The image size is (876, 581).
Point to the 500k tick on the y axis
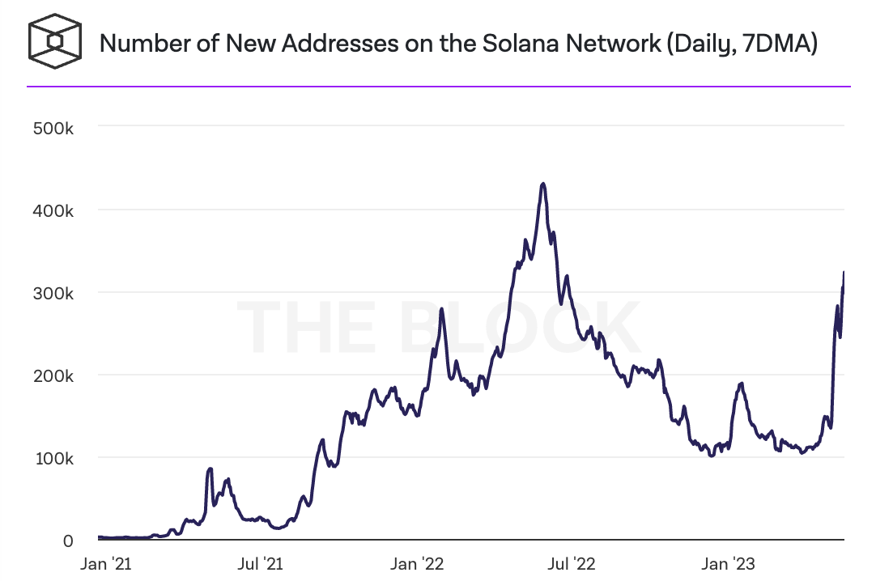(53, 127)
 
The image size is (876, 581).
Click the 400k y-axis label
(53, 210)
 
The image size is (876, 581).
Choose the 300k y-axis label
(53, 293)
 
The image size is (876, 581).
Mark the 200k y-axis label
(53, 376)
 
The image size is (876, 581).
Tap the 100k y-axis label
(53, 459)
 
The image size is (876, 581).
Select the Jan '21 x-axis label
(105, 562)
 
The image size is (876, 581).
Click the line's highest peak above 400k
(543, 184)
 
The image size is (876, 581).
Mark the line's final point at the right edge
(844, 273)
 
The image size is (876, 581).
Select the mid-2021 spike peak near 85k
(210, 469)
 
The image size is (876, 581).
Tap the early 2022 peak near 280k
(441, 309)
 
